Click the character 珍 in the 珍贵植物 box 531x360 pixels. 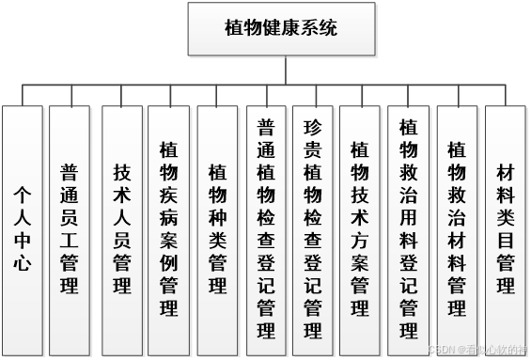314,127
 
